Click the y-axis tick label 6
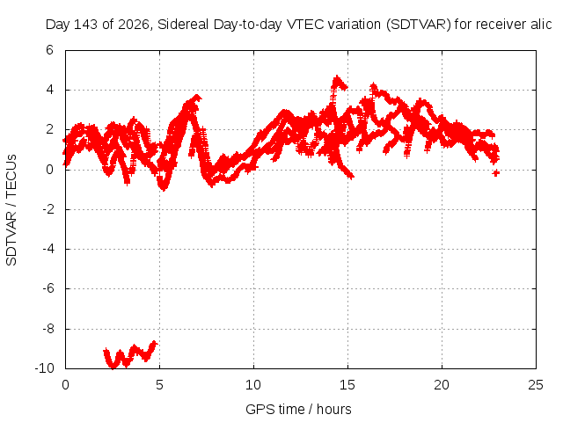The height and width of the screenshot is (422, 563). [49, 50]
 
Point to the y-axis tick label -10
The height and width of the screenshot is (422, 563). [44, 368]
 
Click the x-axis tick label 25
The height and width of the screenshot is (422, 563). [536, 385]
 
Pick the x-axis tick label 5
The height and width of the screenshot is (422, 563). [159, 385]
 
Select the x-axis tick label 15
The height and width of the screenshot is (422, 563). [347, 385]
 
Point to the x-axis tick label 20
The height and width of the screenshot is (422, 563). [442, 385]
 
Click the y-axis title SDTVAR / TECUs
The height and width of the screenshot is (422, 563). [11, 210]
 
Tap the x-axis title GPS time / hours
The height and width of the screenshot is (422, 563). [298, 409]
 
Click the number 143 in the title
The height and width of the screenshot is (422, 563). [85, 25]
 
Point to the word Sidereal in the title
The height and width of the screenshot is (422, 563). [183, 25]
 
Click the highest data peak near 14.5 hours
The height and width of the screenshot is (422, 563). [337, 77]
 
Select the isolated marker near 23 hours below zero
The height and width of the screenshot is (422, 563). [496, 173]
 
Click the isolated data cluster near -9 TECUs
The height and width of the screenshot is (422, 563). [130, 354]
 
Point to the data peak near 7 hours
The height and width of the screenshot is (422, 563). [196, 97]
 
